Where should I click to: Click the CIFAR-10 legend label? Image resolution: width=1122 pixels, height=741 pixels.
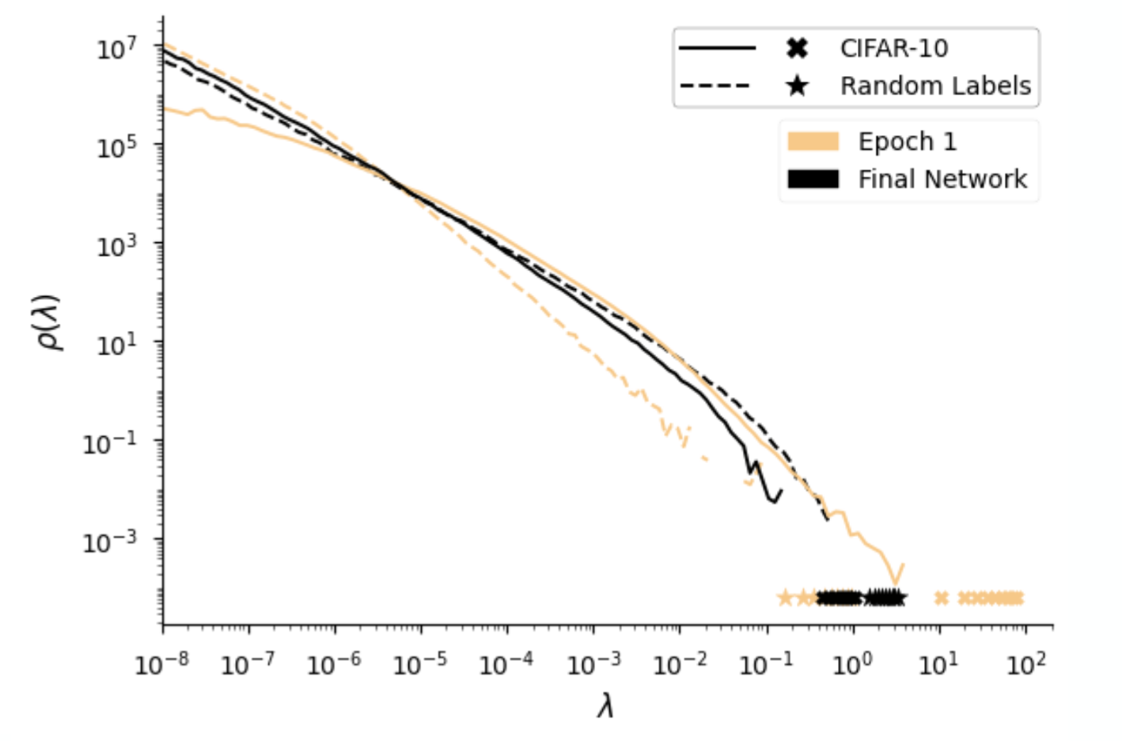pos(893,49)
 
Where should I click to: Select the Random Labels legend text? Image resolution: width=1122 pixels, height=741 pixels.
pos(935,85)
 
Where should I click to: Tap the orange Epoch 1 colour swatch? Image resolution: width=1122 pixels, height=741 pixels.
pos(813,142)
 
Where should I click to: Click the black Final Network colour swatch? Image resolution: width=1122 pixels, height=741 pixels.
pos(813,179)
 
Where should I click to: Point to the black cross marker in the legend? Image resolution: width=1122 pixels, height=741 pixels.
pos(797,49)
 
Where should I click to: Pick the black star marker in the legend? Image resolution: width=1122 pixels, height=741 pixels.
pos(797,85)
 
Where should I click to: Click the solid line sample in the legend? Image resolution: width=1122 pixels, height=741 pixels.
pos(717,49)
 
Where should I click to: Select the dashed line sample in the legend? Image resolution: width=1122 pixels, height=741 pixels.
pos(715,85)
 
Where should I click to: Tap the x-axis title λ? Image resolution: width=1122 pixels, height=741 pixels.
pos(606,704)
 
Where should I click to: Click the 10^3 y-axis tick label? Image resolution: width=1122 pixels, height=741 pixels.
pos(116,246)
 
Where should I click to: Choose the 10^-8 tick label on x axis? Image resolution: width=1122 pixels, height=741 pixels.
pos(162,663)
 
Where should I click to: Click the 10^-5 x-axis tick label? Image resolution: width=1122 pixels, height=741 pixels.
pos(420,663)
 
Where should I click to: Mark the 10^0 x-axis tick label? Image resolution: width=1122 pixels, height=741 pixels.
pos(852,663)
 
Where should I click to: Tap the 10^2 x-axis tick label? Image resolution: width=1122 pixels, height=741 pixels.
pos(1025,663)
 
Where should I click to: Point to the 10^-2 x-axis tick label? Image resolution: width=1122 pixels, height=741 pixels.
pos(679,663)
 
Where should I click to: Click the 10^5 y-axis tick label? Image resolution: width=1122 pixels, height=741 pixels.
pos(116,147)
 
